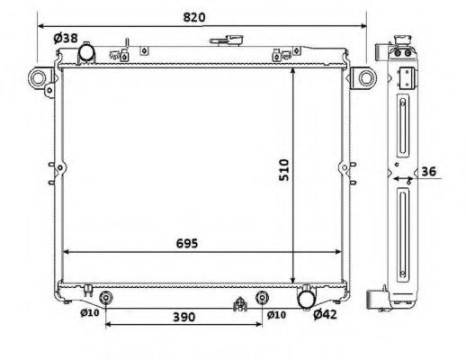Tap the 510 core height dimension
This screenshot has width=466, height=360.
coord(283,170)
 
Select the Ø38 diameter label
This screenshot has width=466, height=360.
coord(64,38)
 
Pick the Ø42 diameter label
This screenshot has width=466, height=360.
coord(325,314)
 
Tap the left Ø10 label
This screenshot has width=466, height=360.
coord(89,313)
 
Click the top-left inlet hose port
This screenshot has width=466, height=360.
coord(87,55)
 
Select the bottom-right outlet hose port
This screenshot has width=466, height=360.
coord(308,296)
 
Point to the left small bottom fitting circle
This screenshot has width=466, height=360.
coord(106,297)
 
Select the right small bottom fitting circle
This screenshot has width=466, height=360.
coord(262,297)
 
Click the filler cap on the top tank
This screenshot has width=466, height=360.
coord(221,40)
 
